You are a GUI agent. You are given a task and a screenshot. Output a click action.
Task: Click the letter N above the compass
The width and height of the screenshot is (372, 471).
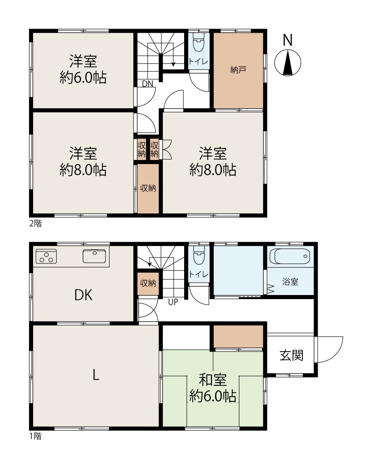pyautogui.click(x=288, y=40)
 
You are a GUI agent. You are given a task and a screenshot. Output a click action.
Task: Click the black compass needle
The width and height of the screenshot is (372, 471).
pyautogui.click(x=288, y=63)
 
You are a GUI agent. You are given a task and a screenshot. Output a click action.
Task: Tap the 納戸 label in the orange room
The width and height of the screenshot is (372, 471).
pyautogui.click(x=238, y=70)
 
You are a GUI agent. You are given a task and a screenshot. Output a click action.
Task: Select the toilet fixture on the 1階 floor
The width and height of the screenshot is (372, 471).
pyautogui.click(x=199, y=254)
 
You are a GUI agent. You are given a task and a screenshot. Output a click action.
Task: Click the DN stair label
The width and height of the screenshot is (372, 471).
pyautogui.click(x=147, y=84)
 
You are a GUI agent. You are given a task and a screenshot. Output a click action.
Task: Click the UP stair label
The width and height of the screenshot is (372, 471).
pyautogui.click(x=173, y=302)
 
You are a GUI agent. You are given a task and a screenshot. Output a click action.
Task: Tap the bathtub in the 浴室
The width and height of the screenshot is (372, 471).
pyautogui.click(x=290, y=256)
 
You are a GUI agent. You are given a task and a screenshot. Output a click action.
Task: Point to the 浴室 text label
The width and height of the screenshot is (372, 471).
pyautogui.click(x=291, y=282)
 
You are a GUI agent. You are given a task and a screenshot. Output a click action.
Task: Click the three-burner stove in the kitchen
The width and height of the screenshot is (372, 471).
pyautogui.click(x=46, y=256)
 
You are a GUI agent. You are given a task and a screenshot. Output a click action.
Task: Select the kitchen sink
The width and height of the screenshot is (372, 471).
pyautogui.click(x=94, y=256)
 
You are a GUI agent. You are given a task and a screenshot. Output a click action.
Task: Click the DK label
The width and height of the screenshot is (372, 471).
pyautogui.click(x=83, y=295)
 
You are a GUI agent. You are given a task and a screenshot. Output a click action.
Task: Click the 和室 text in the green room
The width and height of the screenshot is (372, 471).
pyautogui.click(x=213, y=380)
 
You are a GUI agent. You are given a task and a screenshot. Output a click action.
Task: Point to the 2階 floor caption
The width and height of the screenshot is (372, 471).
pyautogui.click(x=35, y=223)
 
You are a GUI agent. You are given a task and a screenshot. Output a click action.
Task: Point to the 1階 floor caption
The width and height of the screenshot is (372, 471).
pyautogui.click(x=35, y=436)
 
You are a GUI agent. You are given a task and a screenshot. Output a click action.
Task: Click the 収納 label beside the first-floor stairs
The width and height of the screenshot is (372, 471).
pyautogui.click(x=148, y=283)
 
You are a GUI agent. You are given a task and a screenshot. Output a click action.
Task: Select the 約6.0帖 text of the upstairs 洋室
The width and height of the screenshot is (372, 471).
pyautogui.click(x=83, y=77)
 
